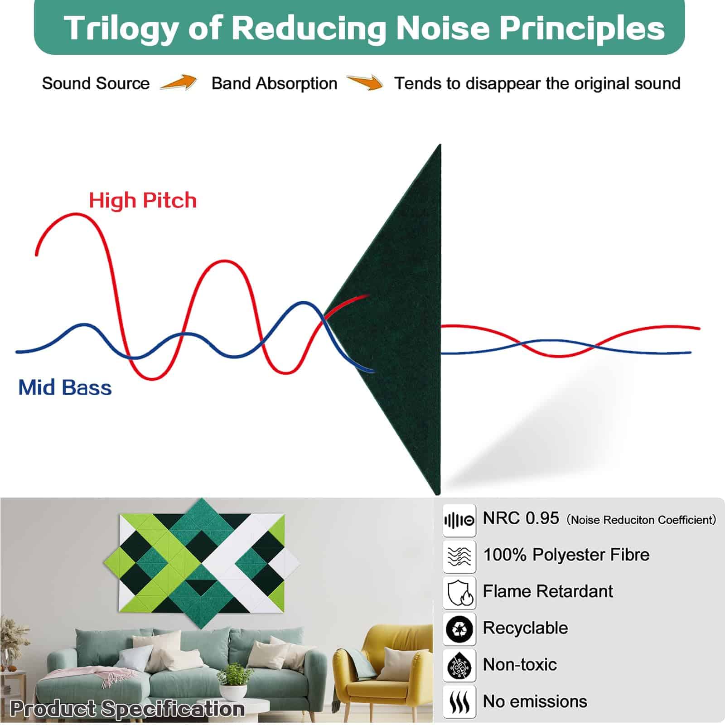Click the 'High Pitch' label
(143, 200)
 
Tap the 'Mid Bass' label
(65, 388)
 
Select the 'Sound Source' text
(96, 83)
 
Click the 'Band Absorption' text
(274, 84)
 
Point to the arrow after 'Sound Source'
(178, 82)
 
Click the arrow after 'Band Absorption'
(365, 82)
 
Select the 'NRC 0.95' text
(521, 518)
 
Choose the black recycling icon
(459, 629)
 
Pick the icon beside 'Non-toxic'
(459, 665)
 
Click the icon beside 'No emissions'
(459, 702)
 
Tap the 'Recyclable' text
(525, 628)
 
